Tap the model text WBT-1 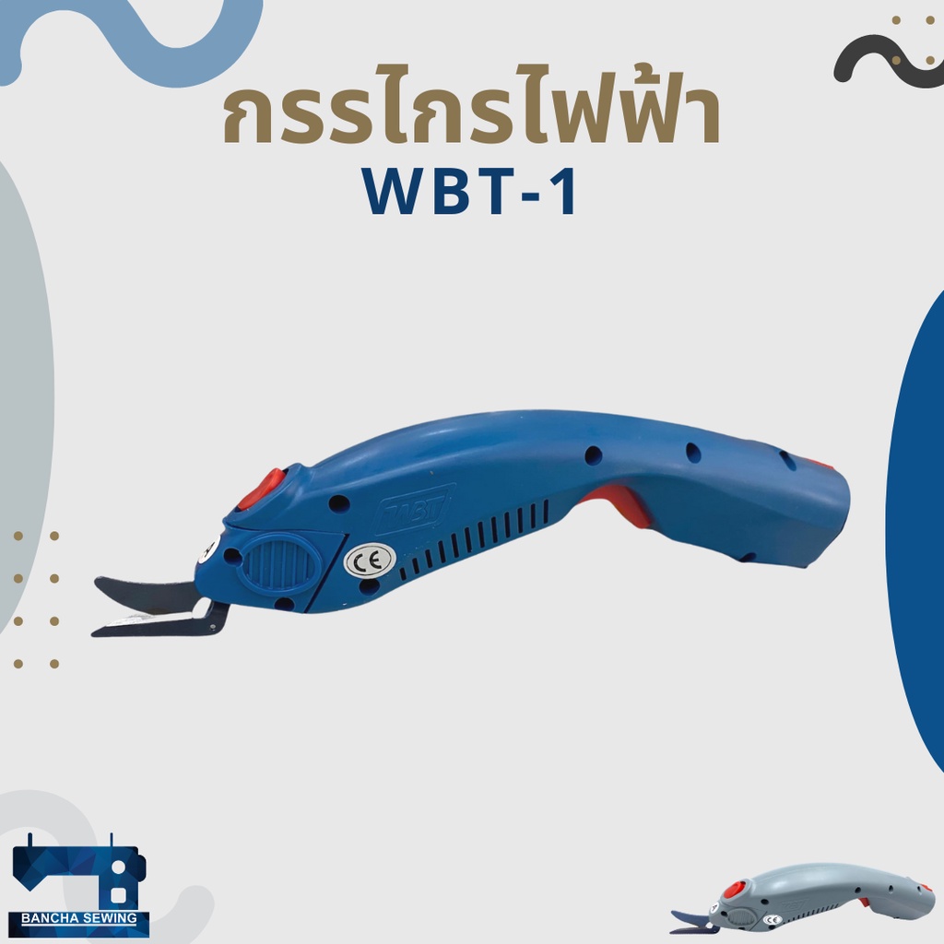469,192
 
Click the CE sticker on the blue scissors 370,561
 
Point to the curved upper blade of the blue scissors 144,593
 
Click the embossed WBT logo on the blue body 413,509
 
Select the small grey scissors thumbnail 803,898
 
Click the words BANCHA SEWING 79,918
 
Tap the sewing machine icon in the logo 79,872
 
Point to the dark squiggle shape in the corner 885,60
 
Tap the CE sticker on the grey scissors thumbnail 773,919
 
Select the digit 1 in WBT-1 567,192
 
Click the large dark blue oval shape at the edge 916,530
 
